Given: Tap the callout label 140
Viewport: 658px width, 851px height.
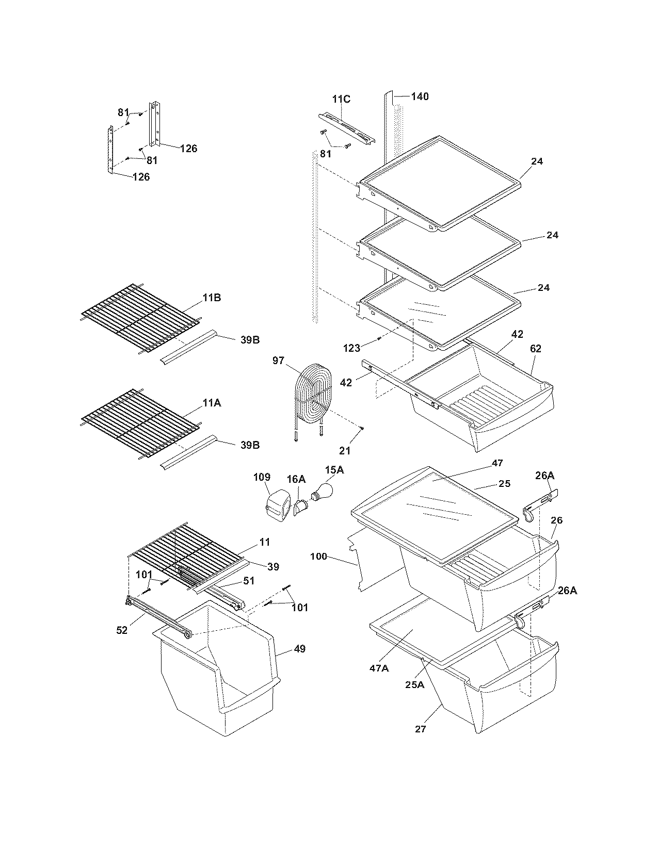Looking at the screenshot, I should click(x=420, y=96).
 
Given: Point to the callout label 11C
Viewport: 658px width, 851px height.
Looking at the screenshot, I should click(x=341, y=99).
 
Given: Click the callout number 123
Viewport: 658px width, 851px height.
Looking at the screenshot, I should click(x=351, y=348).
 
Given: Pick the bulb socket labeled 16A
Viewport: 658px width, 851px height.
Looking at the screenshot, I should click(x=300, y=509).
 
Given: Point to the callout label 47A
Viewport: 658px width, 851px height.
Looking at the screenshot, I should click(x=378, y=668).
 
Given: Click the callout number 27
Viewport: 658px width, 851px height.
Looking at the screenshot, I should click(x=421, y=729).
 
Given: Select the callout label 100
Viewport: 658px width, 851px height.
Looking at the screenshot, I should click(x=319, y=557).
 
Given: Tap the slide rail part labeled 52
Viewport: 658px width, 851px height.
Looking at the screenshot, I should click(x=157, y=616).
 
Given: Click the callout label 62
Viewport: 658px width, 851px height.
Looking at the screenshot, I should click(x=535, y=349).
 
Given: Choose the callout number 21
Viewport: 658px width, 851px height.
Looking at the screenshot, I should click(x=345, y=450).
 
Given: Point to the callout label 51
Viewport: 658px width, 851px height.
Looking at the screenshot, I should click(x=249, y=581).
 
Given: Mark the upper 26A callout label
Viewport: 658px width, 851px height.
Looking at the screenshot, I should click(x=544, y=475).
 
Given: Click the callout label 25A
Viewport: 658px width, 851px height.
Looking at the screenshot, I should click(x=414, y=685).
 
